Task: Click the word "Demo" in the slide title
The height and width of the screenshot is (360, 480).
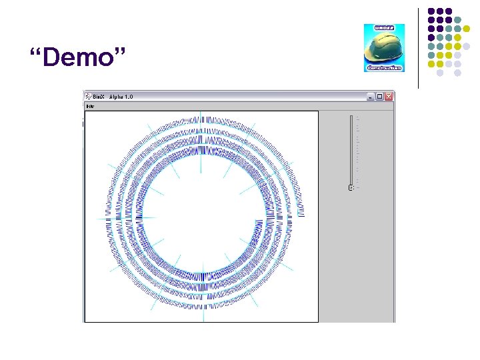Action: pos(79,59)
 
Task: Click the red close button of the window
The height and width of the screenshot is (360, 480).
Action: pos(389,97)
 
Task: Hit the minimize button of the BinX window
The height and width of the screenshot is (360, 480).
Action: pos(370,97)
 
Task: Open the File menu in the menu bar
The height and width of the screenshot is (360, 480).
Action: pos(90,106)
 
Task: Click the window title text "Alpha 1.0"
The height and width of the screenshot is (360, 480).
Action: pos(121,97)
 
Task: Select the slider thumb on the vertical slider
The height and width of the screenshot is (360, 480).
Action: pos(351,188)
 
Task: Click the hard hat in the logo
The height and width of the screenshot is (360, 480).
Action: pos(383,48)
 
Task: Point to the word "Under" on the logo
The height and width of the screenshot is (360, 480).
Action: pos(384,29)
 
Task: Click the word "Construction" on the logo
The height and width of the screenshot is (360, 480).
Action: pos(384,67)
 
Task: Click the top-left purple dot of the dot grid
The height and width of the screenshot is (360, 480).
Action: pos(431,11)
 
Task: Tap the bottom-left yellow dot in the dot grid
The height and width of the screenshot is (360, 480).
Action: pos(431,64)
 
